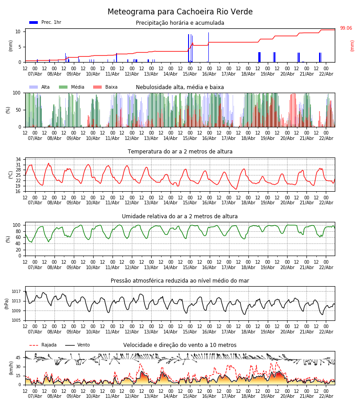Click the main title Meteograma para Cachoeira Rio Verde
click(x=180, y=12)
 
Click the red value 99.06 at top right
click(x=346, y=28)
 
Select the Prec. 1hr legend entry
click(x=45, y=22)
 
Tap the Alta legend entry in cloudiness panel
click(x=40, y=87)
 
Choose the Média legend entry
click(x=72, y=87)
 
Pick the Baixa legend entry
click(x=105, y=87)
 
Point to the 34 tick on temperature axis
click(x=18, y=160)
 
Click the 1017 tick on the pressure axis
click(x=16, y=292)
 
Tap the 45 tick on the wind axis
click(x=18, y=358)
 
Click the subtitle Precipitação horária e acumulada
click(x=180, y=23)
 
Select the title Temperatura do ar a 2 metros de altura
click(x=180, y=152)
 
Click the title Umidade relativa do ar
click(x=180, y=216)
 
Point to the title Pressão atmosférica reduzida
click(x=180, y=281)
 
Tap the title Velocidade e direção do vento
click(x=180, y=345)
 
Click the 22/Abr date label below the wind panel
click(x=326, y=396)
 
